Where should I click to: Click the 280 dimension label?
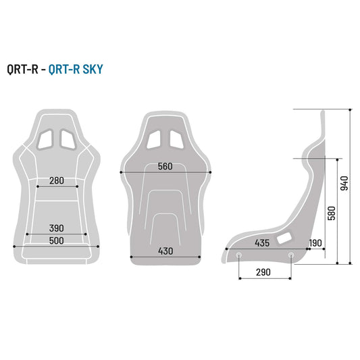tap(57, 180)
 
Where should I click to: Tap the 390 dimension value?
tap(57, 229)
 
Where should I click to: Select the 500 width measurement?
tap(57, 241)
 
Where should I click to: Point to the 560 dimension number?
tap(165, 167)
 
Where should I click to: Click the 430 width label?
tap(165, 251)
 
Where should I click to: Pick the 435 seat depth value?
tap(263, 242)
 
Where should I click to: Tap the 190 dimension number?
tap(315, 242)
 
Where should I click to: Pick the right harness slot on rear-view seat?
tap(176, 138)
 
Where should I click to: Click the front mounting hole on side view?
tap(239, 255)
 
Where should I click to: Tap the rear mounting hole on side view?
tap(291, 255)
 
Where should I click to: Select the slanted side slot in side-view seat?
tap(285, 237)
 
